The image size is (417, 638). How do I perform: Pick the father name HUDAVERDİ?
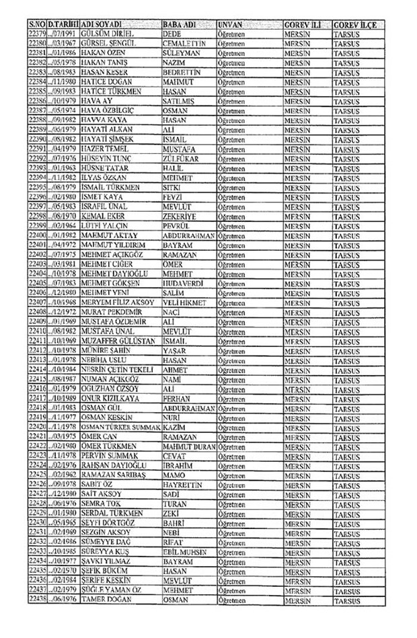pyautogui.click(x=184, y=284)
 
